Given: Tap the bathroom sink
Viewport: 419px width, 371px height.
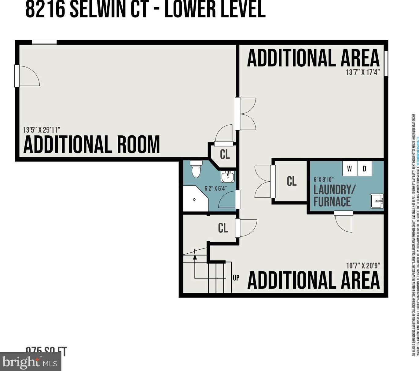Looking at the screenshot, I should [227, 177].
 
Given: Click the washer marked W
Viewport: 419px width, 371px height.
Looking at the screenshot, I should [350, 169].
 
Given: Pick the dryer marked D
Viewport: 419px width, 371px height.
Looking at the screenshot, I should [364, 169].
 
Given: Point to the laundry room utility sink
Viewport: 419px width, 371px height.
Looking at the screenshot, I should [377, 201].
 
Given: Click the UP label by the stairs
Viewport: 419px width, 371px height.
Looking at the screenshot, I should [236, 277].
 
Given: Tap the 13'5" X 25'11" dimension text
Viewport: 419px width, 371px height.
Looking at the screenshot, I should [42, 130].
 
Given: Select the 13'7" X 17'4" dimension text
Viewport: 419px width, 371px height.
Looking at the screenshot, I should [363, 72].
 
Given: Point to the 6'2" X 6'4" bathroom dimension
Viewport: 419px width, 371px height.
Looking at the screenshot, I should [215, 189].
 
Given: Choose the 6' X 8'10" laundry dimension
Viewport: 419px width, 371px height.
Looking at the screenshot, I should [323, 180].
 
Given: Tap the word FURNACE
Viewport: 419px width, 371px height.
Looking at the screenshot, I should [332, 202].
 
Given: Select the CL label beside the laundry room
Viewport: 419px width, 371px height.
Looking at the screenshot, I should [292, 181].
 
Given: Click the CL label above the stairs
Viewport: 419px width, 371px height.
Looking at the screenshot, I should [223, 228].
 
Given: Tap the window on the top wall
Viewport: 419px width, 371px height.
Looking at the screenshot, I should [44, 42].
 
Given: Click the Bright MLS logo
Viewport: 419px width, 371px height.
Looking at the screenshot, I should [31, 362].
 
